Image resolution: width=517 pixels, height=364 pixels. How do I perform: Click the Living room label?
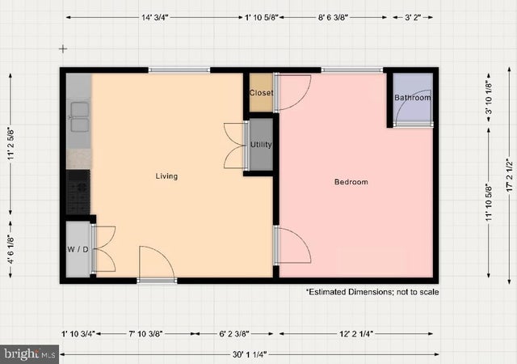166,176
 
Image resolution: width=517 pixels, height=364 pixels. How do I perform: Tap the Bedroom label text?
351,182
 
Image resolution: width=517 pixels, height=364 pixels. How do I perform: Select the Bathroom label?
412,98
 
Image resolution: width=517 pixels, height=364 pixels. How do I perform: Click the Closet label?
261,93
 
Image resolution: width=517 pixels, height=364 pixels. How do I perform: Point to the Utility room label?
261,145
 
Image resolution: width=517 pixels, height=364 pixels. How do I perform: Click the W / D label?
77,248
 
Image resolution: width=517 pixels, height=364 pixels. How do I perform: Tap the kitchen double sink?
78,116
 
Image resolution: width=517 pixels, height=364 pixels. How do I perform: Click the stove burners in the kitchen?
78,192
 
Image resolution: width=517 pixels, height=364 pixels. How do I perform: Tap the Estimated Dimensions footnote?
372,291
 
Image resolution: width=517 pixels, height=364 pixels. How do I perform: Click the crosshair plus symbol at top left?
62,49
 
